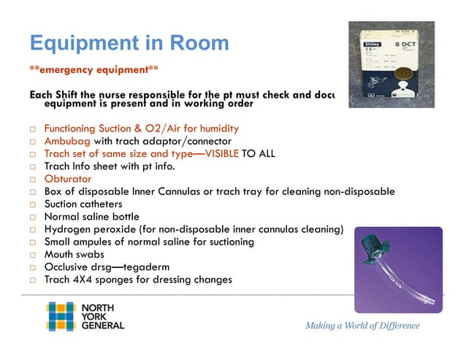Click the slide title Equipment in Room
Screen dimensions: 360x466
pos(129,43)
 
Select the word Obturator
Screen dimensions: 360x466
pos(68,179)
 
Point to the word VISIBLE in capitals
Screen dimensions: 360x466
pos(207,153)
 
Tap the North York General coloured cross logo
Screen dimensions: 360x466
pos(61,315)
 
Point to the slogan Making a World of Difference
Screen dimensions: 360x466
pos(362,326)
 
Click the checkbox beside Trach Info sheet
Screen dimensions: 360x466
pos(33,166)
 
